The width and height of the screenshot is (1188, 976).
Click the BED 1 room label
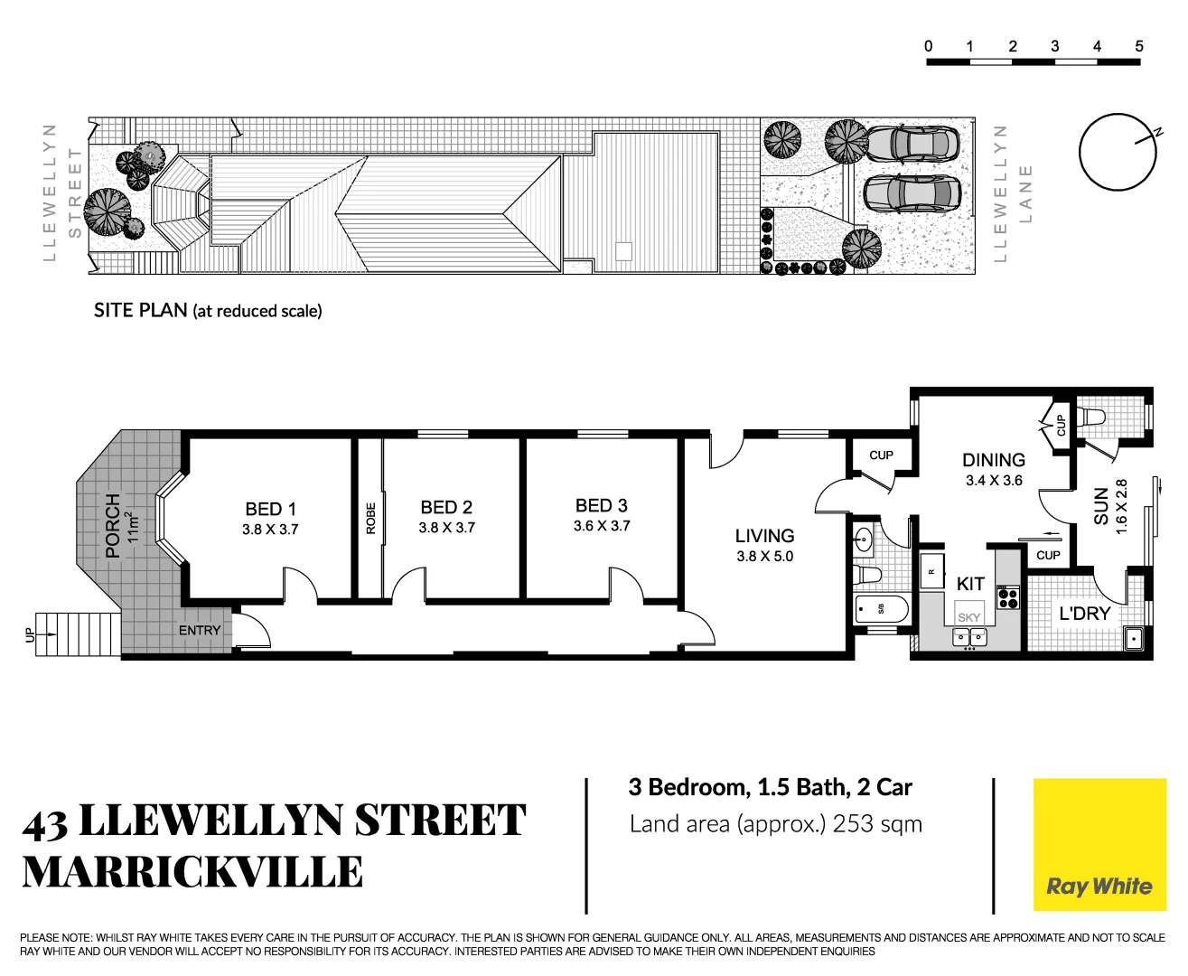[x=270, y=509]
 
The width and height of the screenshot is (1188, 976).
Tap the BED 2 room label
[x=446, y=507]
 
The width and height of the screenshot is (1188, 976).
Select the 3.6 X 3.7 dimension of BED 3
[x=602, y=526]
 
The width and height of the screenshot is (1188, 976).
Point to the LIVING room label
[x=764, y=536]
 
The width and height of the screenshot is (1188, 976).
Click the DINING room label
[x=994, y=460]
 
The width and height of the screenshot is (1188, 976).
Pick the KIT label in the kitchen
[x=970, y=584]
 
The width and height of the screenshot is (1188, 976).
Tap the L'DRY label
[x=1084, y=614]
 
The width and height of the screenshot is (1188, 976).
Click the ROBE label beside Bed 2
[x=370, y=518]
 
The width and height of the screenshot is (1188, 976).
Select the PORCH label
[x=113, y=525]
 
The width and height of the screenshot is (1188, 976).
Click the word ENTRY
[x=200, y=630]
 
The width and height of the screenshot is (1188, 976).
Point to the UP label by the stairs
[x=28, y=634]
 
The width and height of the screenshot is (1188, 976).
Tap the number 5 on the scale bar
[x=1139, y=46]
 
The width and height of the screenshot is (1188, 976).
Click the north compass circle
[x=1118, y=152]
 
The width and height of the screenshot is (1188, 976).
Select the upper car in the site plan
[x=912, y=142]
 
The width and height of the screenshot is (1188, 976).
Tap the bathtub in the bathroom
[x=881, y=608]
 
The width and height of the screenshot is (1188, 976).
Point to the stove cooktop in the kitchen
[x=1007, y=597]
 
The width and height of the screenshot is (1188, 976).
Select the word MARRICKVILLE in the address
[x=192, y=872]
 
